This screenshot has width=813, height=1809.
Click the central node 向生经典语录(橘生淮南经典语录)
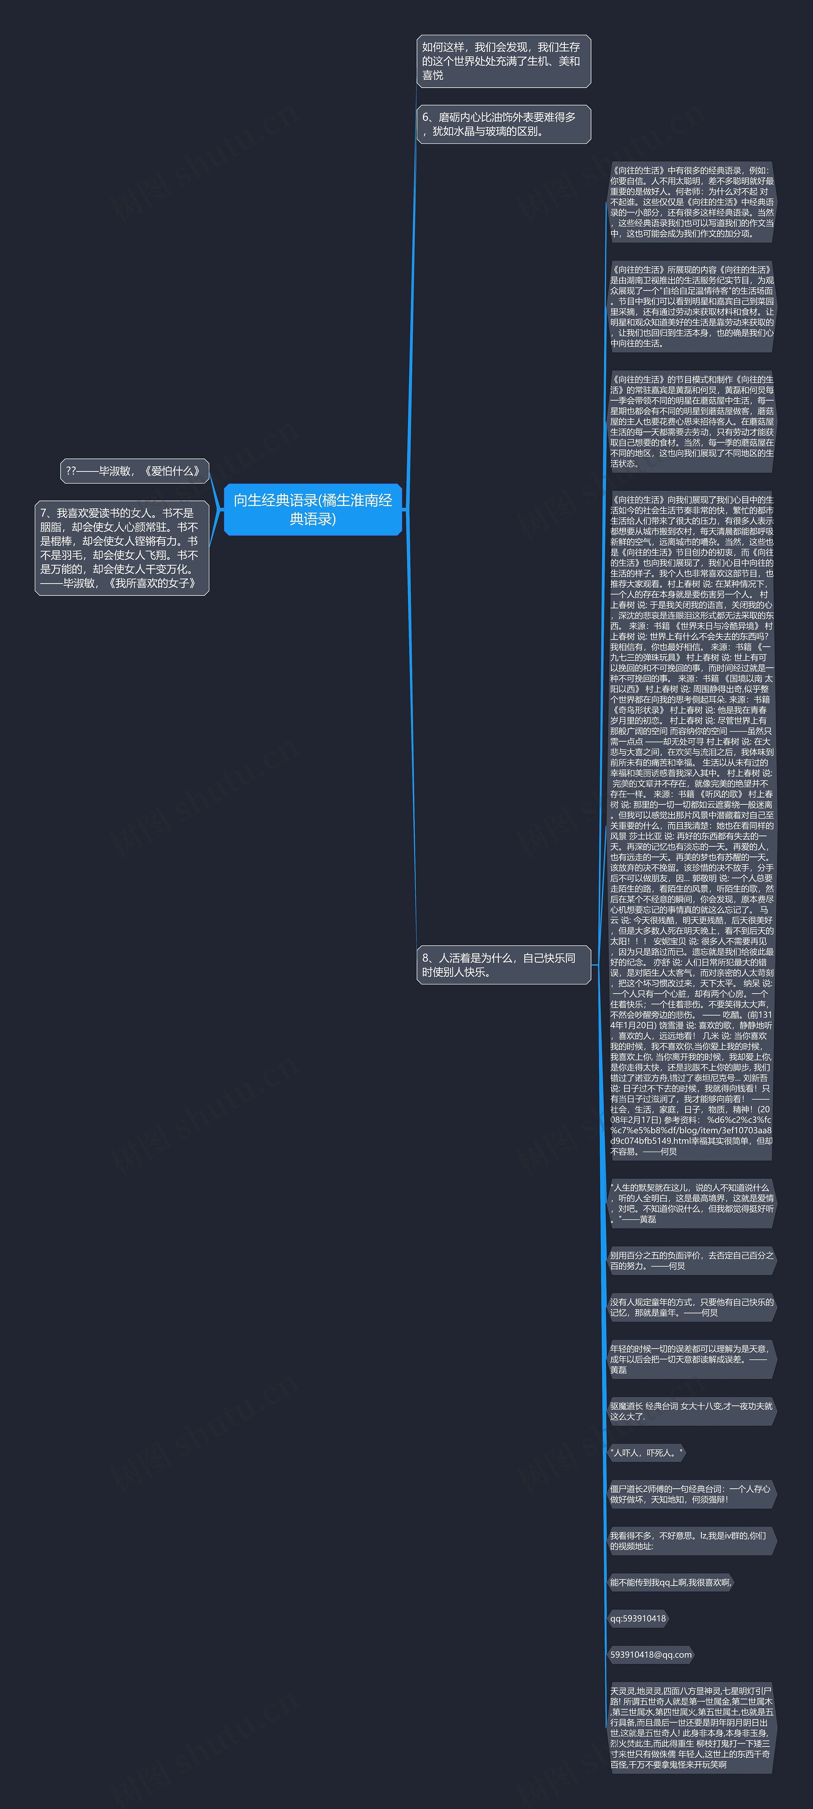pos(313,509)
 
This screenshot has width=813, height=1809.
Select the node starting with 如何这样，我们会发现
pos(503,61)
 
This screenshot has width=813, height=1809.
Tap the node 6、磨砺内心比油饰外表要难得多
pos(503,124)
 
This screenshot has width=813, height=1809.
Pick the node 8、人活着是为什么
pos(503,965)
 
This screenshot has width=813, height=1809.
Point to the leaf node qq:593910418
pos(637,1619)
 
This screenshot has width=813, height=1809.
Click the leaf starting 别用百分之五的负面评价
pos(692,1261)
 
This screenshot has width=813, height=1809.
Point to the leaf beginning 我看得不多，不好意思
pos(692,1541)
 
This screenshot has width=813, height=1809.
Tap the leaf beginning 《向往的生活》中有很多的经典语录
pos(692,202)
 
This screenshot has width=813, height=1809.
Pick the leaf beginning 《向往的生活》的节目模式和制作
pos(692,421)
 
